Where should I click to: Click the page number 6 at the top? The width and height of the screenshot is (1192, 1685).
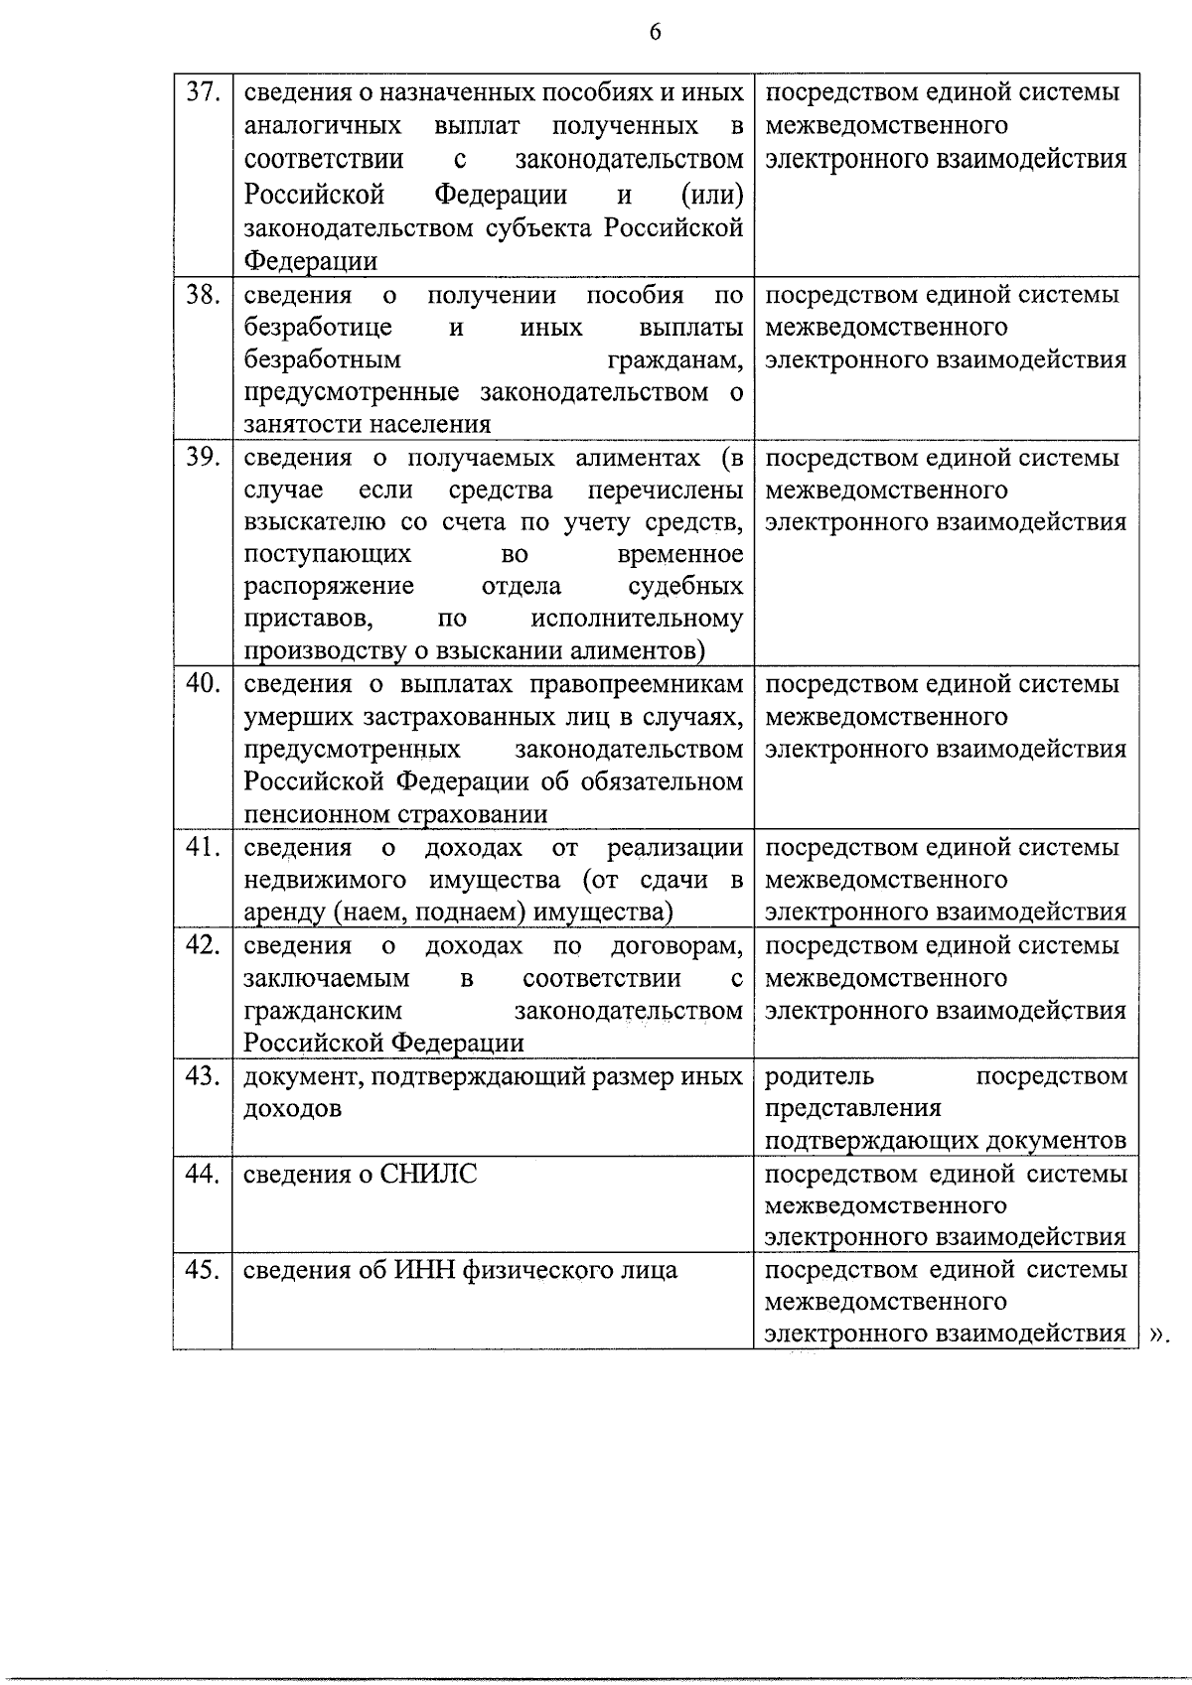point(655,32)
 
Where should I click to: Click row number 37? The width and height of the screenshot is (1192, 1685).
point(203,91)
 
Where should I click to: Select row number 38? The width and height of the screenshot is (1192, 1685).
point(203,295)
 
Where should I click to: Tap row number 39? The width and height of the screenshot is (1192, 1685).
point(203,458)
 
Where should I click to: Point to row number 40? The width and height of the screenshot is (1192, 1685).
point(203,684)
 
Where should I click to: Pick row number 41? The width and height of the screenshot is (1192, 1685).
point(203,847)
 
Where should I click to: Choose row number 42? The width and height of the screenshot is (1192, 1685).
point(203,945)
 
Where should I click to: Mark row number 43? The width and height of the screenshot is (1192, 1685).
point(203,1075)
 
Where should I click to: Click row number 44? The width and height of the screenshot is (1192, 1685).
point(203,1174)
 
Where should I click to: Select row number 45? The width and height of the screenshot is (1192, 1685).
point(203,1270)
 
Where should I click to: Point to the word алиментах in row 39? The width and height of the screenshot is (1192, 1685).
point(638,458)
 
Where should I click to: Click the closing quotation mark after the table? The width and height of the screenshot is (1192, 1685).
point(1156,1335)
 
